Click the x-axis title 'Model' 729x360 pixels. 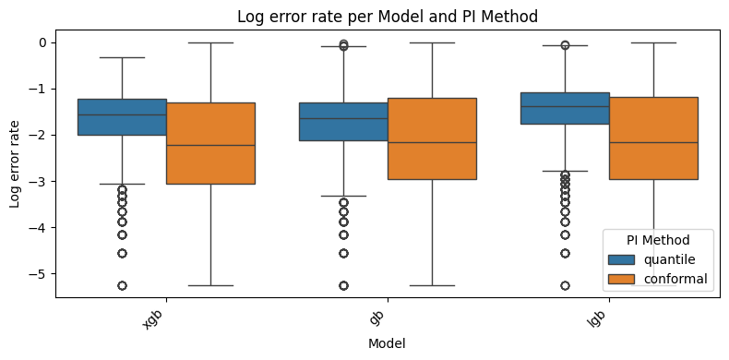[386, 342]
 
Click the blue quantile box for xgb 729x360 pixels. [122, 117]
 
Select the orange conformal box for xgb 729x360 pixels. [210, 143]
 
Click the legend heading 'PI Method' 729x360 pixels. [658, 240]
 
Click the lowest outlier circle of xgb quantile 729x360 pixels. [122, 285]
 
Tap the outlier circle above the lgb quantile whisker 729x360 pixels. [565, 45]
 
